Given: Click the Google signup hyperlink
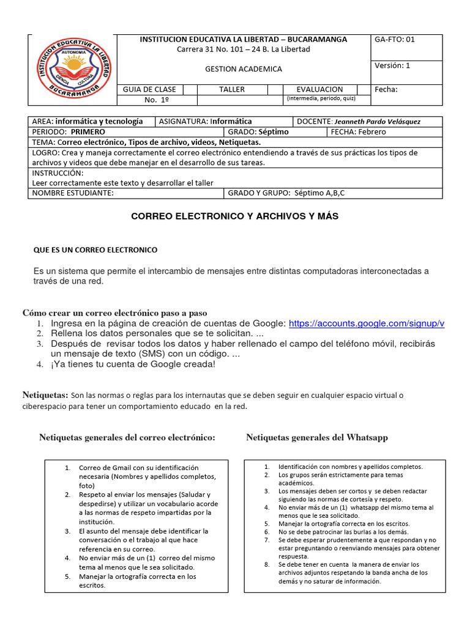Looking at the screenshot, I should pyautogui.click(x=366, y=323).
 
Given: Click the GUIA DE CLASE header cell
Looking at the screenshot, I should pyautogui.click(x=149, y=89).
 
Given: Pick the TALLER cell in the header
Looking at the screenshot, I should pyautogui.click(x=232, y=89).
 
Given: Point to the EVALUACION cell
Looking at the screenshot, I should pyautogui.click(x=319, y=89).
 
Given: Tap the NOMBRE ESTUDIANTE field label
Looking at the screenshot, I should pyautogui.click(x=73, y=193).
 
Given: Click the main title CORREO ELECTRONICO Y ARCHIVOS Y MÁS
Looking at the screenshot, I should pyautogui.click(x=235, y=216).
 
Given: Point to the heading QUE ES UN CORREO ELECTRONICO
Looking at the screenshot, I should pyautogui.click(x=95, y=250).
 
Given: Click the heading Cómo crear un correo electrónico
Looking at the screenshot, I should pyautogui.click(x=114, y=312).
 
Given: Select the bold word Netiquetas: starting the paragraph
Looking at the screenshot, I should pyautogui.click(x=45, y=395).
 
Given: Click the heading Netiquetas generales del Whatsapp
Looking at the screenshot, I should pyautogui.click(x=316, y=438).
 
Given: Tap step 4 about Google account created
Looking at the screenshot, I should pyautogui.click(x=133, y=364).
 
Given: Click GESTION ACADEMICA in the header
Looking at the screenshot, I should pyautogui.click(x=244, y=69).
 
